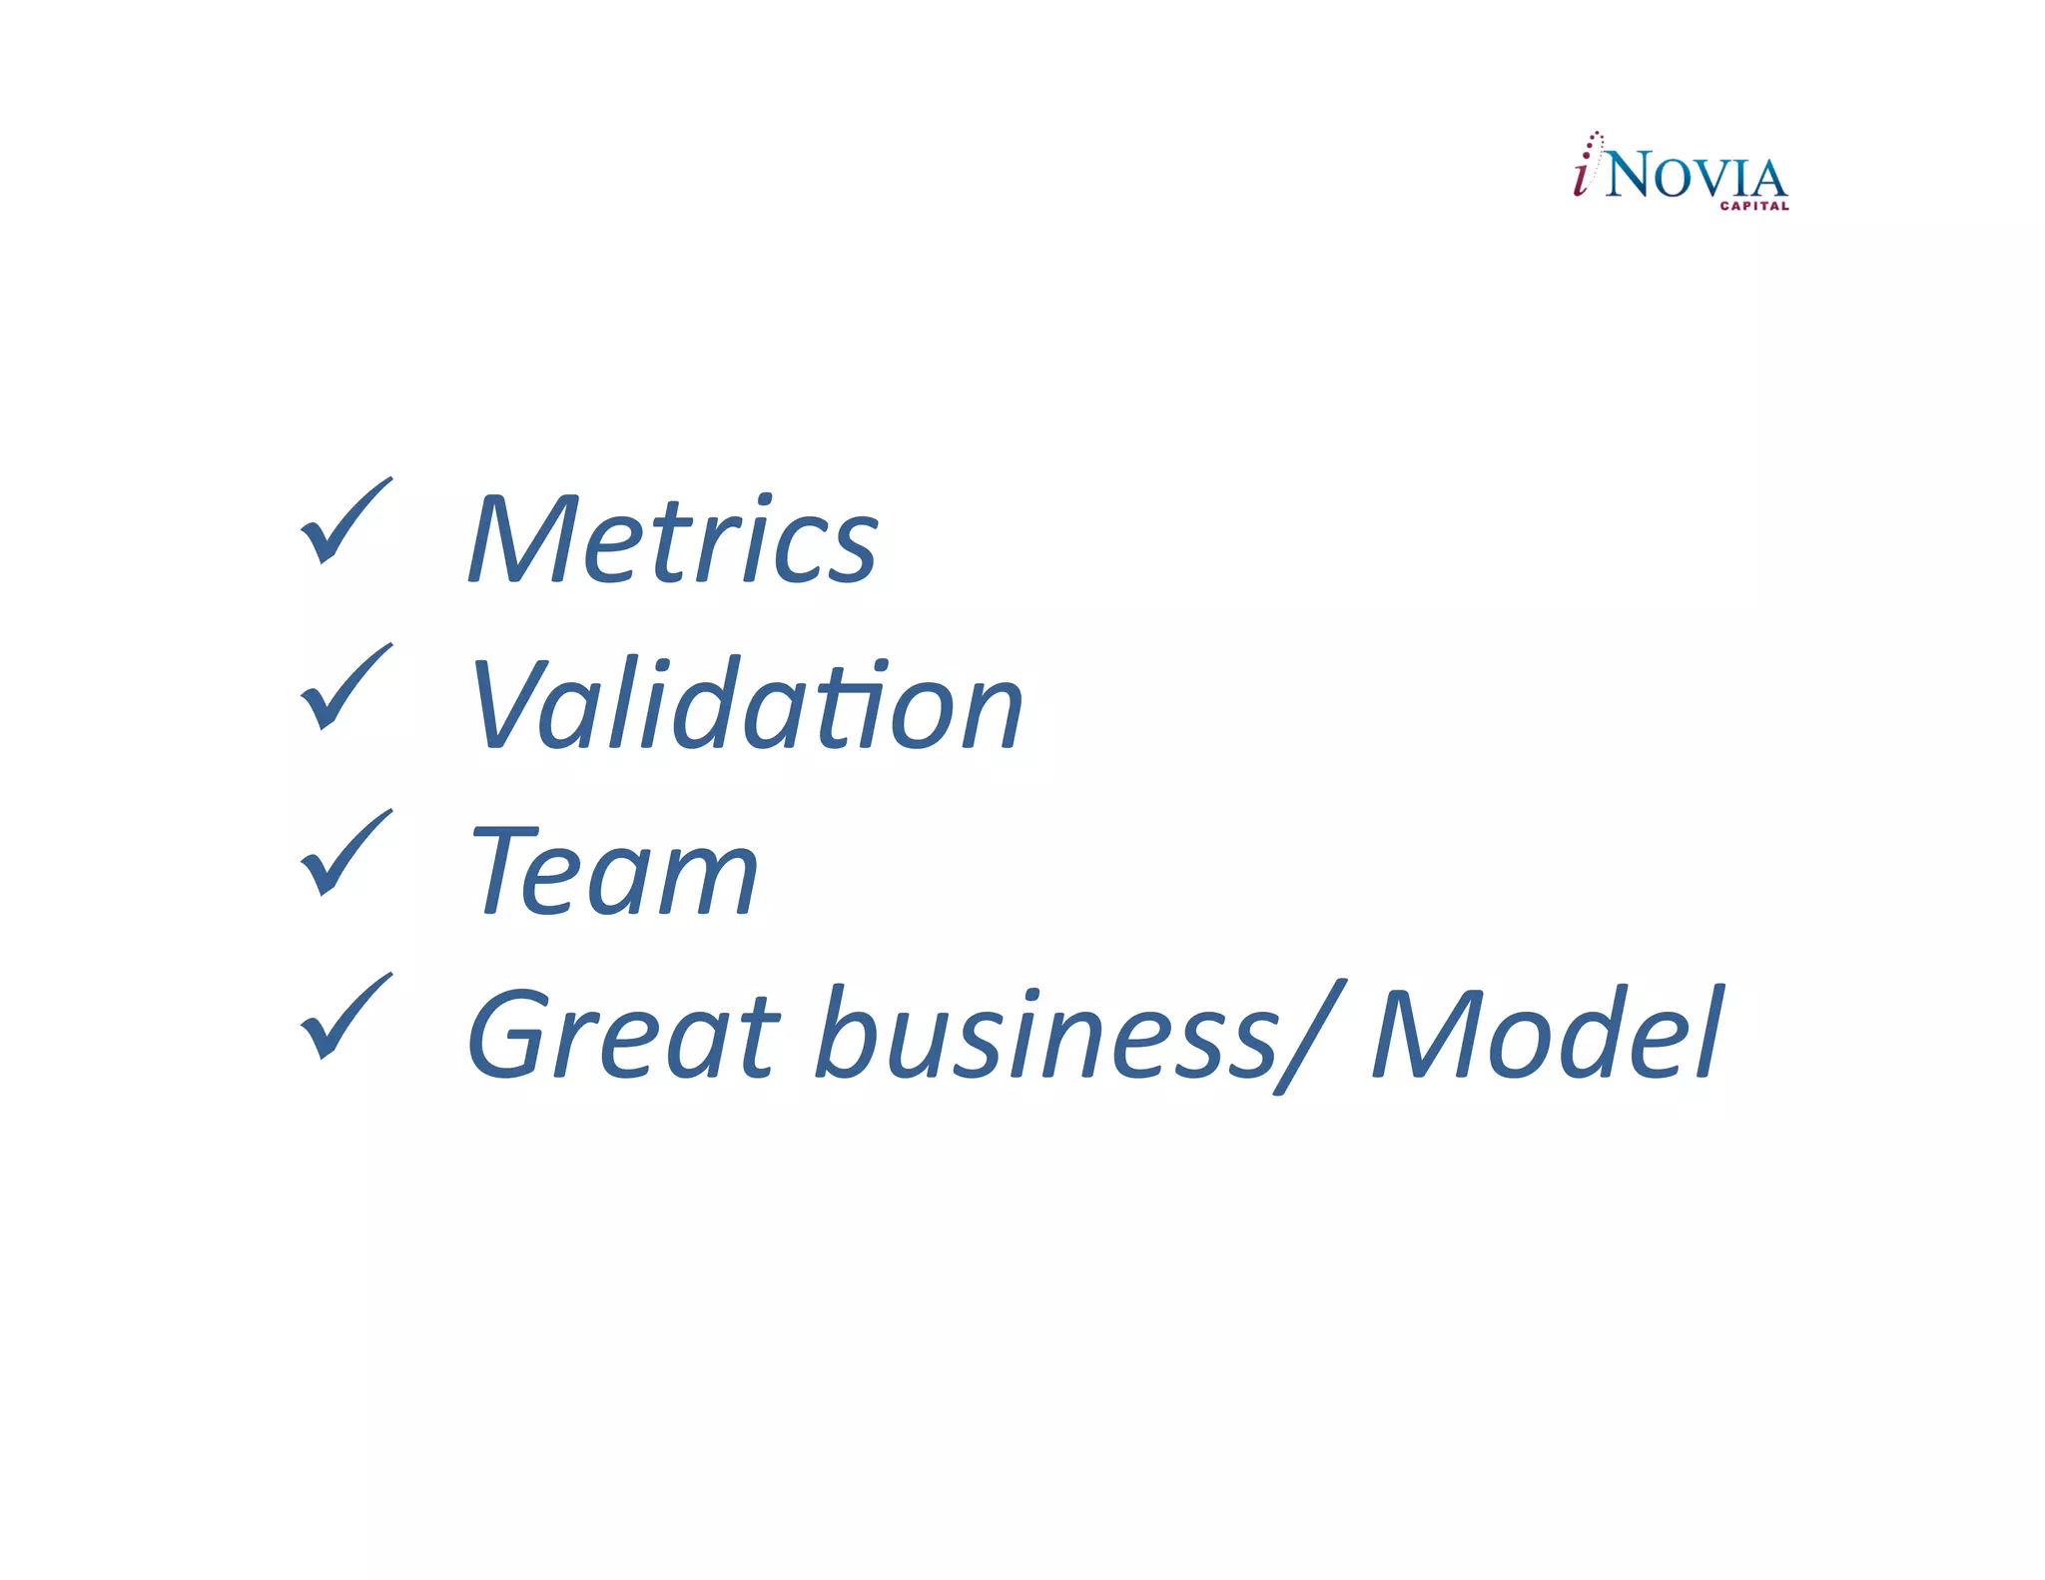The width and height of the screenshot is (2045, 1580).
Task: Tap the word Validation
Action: (746, 705)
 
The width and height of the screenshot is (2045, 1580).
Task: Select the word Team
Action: (613, 871)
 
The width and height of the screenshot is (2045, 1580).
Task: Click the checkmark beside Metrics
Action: (344, 521)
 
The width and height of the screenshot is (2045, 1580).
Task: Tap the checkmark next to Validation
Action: (344, 687)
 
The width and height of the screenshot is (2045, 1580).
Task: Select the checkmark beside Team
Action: (344, 853)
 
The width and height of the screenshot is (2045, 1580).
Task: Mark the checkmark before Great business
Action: (344, 1017)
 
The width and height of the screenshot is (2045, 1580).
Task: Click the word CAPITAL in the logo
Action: (1753, 207)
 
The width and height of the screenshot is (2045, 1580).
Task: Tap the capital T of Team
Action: (505, 871)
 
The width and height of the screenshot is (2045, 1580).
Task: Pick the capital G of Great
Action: (509, 1035)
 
